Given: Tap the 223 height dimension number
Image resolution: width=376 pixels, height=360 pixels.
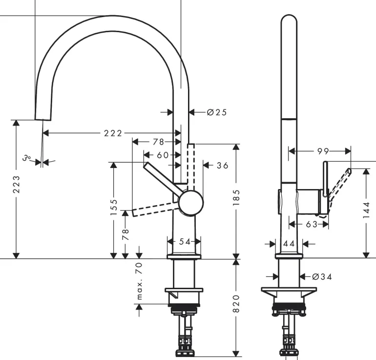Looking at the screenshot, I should click(17, 185).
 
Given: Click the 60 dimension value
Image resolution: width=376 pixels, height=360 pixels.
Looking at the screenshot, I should click(162, 155).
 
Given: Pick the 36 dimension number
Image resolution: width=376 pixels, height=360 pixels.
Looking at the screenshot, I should click(222, 166).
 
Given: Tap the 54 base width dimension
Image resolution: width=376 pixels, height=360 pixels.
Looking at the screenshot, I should click(184, 241).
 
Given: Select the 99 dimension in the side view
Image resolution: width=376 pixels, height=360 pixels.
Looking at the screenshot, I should click(323, 151).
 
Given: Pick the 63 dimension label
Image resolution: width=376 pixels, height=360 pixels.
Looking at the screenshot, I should click(312, 224).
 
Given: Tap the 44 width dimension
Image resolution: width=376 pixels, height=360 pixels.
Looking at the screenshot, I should click(289, 243).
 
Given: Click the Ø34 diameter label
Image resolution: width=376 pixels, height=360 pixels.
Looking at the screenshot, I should click(321, 276).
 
